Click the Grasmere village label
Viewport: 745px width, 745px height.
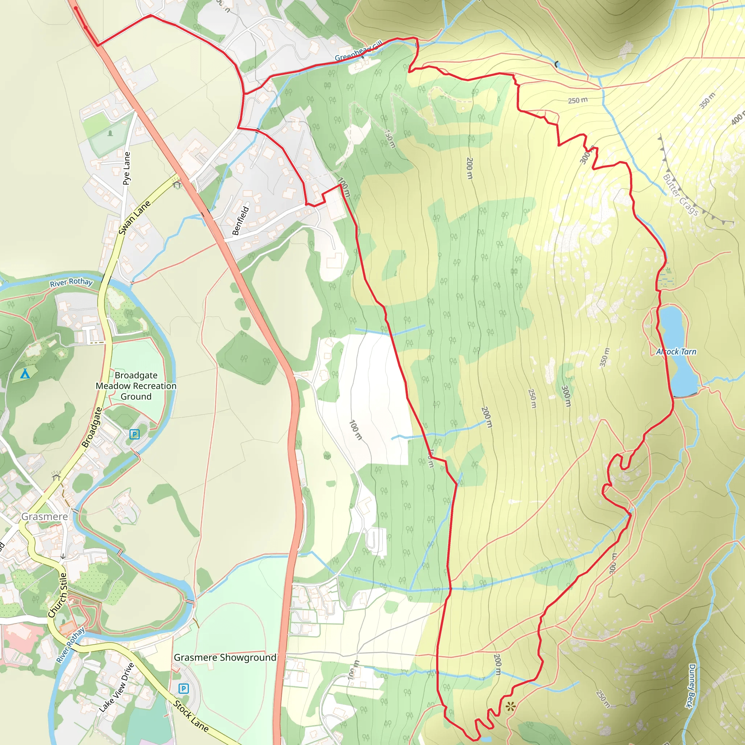pyautogui.click(x=44, y=516)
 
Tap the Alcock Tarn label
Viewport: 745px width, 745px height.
pyautogui.click(x=676, y=352)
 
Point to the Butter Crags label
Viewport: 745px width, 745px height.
pyautogui.click(x=681, y=195)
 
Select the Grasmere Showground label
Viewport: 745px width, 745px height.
pyautogui.click(x=225, y=657)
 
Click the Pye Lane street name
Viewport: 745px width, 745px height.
pyautogui.click(x=127, y=168)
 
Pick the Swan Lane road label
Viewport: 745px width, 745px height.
pyautogui.click(x=134, y=218)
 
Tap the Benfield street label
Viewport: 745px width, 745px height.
pyautogui.click(x=240, y=221)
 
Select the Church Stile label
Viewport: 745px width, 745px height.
pyautogui.click(x=58, y=595)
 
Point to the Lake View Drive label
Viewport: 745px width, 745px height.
pyautogui.click(x=116, y=688)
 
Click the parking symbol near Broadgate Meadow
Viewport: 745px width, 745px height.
pyautogui.click(x=134, y=434)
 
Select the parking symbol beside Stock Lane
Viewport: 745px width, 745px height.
pyautogui.click(x=184, y=688)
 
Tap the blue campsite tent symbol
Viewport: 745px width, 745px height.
pyautogui.click(x=25, y=373)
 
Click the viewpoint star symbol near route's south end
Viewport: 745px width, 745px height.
pyautogui.click(x=510, y=706)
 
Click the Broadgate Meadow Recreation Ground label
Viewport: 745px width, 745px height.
pyautogui.click(x=136, y=386)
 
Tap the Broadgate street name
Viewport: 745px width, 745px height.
pyautogui.click(x=92, y=428)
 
